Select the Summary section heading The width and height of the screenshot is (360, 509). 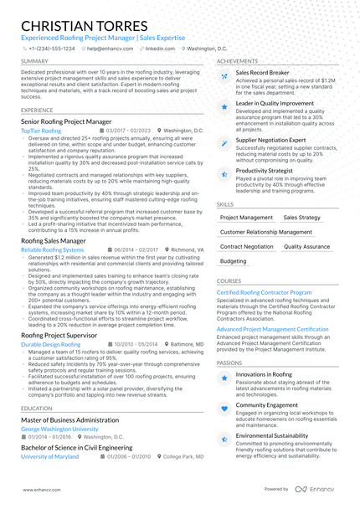coord(34,61)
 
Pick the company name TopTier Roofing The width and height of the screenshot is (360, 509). coord(40,131)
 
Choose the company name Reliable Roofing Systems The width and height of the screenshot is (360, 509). coord(52,249)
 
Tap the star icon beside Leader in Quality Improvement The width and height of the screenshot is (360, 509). coord(224,108)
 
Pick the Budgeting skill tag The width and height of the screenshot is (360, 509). coord(234,261)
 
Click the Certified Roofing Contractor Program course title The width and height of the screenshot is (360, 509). coord(264,292)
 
